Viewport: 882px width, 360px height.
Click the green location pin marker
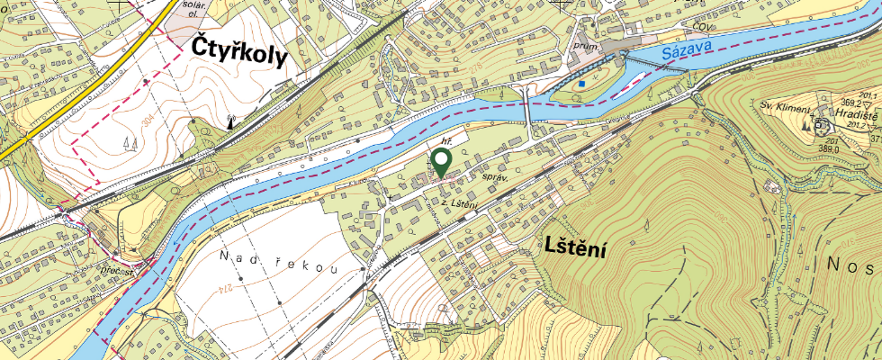click(441, 161)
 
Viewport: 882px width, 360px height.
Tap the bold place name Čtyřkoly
click(239, 55)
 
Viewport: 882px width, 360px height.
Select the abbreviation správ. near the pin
click(496, 178)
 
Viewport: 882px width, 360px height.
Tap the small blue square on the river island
click(582, 84)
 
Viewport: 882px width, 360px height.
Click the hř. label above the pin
click(445, 140)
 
